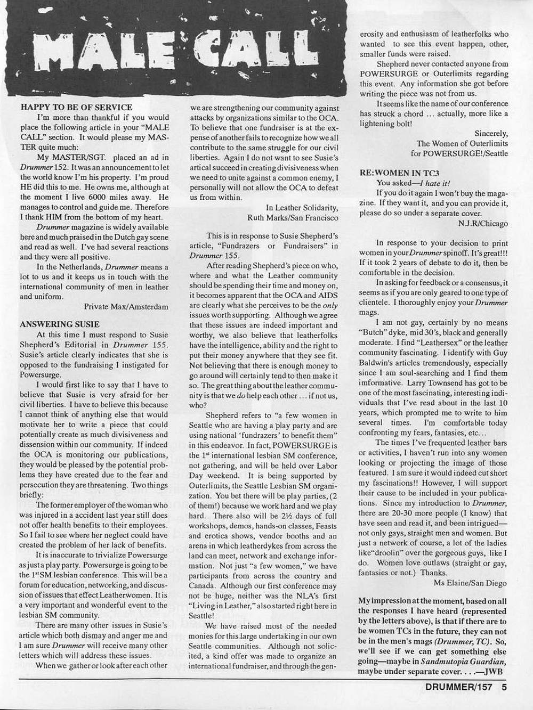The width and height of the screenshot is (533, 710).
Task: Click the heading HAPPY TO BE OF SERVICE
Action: pos(76,107)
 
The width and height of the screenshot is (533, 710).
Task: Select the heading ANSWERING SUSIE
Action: pos(60,324)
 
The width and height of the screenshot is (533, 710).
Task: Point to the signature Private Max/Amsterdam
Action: pos(126,306)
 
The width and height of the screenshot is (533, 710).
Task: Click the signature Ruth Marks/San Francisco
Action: pos(293,217)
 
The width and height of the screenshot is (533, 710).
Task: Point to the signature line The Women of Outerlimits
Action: pos(462,143)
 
